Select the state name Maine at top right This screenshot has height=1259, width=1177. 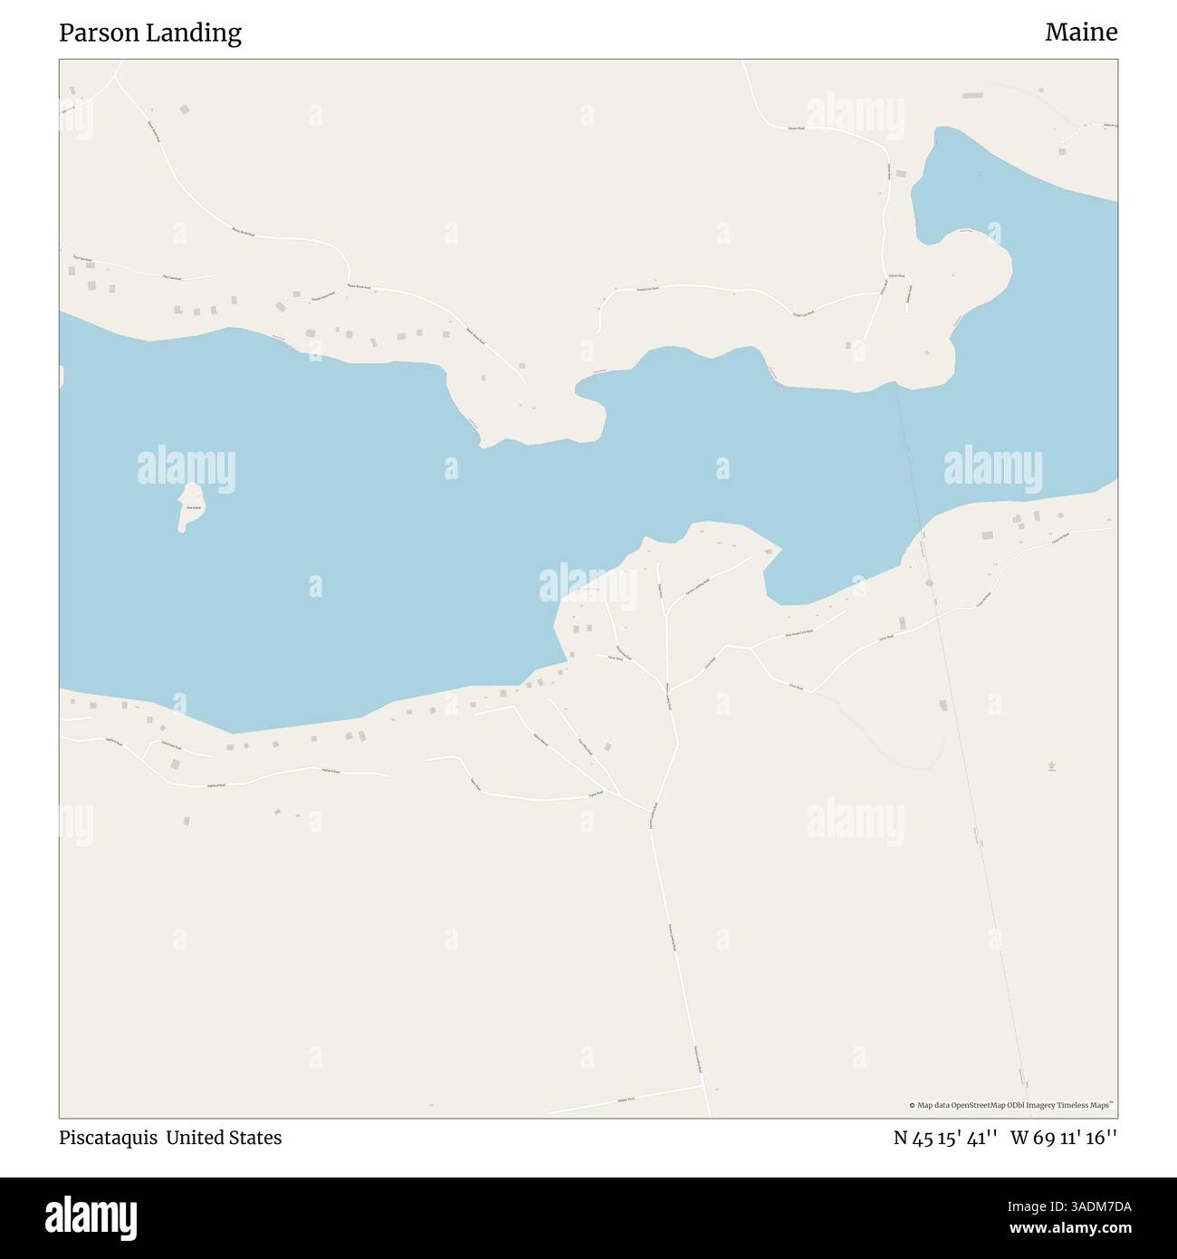(1080, 33)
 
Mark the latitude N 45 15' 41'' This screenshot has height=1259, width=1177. (945, 1138)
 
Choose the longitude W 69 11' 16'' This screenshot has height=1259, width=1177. (1064, 1138)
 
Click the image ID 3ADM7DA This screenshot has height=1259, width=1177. (1087, 1206)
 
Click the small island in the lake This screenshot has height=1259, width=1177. (192, 505)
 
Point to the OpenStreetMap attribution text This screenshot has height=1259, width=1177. (1011, 1105)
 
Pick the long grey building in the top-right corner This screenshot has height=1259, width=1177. (972, 95)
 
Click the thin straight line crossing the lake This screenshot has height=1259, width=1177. (907, 453)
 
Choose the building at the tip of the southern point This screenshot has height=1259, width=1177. (769, 550)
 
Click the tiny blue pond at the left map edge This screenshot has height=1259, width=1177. (62, 377)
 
